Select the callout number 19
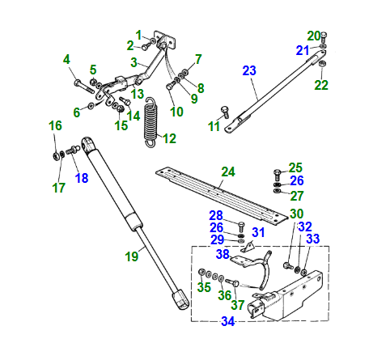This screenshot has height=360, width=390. pos(132,256)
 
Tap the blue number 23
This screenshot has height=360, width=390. pos(249,70)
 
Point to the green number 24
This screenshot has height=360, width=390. pos(228,172)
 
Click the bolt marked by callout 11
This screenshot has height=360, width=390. pos(225,112)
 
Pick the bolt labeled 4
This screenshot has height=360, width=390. pos(84,86)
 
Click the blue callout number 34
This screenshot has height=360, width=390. pos(228,321)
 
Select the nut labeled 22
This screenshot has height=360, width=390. pos(322,64)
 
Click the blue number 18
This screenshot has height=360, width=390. pos(82,178)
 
